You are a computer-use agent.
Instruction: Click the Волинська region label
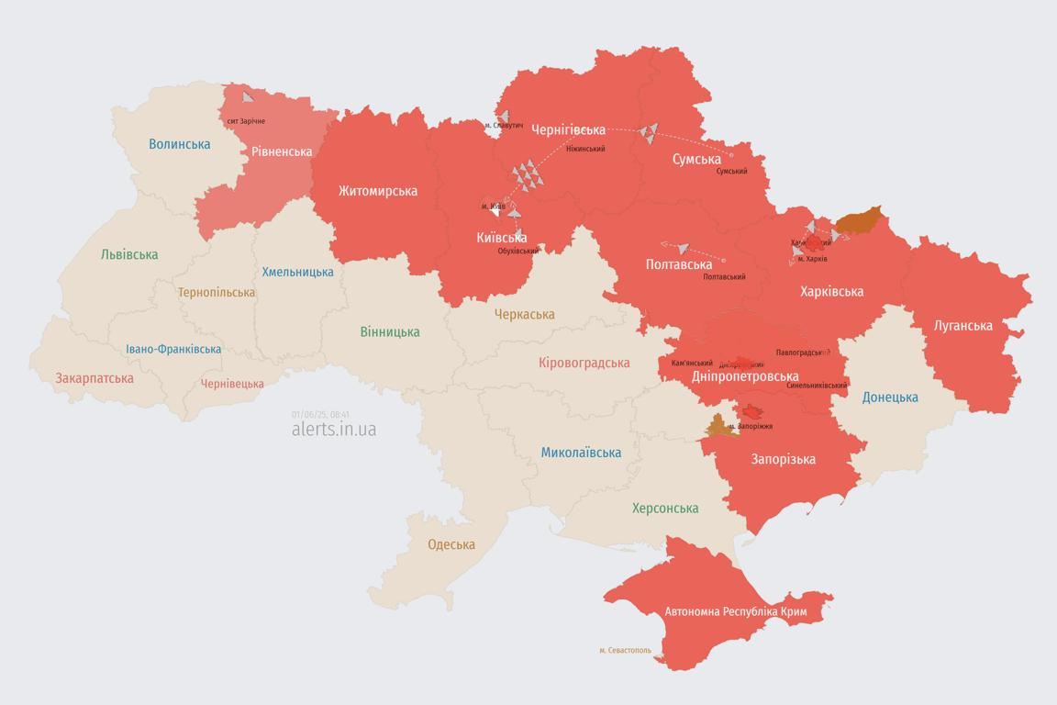(x=179, y=144)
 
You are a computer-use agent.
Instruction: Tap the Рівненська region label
(x=282, y=151)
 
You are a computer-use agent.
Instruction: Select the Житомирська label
(x=377, y=191)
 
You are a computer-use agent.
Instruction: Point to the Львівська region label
(x=129, y=254)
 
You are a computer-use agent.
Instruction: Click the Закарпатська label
(x=95, y=378)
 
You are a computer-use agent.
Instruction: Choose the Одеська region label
(x=451, y=544)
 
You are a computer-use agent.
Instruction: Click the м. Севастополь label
(x=625, y=651)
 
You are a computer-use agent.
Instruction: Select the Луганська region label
(x=963, y=325)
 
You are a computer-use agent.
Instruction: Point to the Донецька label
(x=890, y=397)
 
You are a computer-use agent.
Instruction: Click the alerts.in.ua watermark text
(x=334, y=430)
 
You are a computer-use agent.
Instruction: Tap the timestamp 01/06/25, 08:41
(x=320, y=414)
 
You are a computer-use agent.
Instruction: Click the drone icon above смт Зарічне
(x=249, y=96)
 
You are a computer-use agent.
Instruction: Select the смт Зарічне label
(x=246, y=121)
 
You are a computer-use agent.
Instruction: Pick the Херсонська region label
(x=665, y=508)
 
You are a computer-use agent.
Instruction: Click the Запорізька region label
(x=783, y=459)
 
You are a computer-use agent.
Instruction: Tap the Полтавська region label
(x=679, y=264)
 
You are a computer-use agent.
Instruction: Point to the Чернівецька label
(x=232, y=384)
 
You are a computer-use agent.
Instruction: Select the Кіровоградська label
(x=584, y=363)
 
